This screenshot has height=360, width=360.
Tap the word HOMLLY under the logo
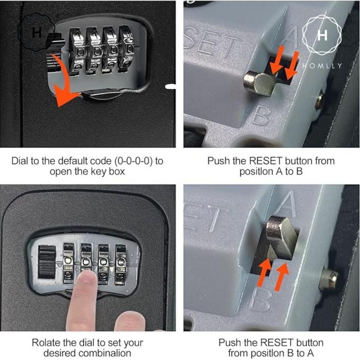click(322, 66)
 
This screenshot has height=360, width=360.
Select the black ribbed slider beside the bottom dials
click(47, 262)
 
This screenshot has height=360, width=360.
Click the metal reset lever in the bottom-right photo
click(281, 234)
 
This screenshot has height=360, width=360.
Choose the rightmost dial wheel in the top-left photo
click(125, 49)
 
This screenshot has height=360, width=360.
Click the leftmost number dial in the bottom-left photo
click(68, 263)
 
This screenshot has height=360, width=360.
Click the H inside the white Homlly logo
click(322, 35)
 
